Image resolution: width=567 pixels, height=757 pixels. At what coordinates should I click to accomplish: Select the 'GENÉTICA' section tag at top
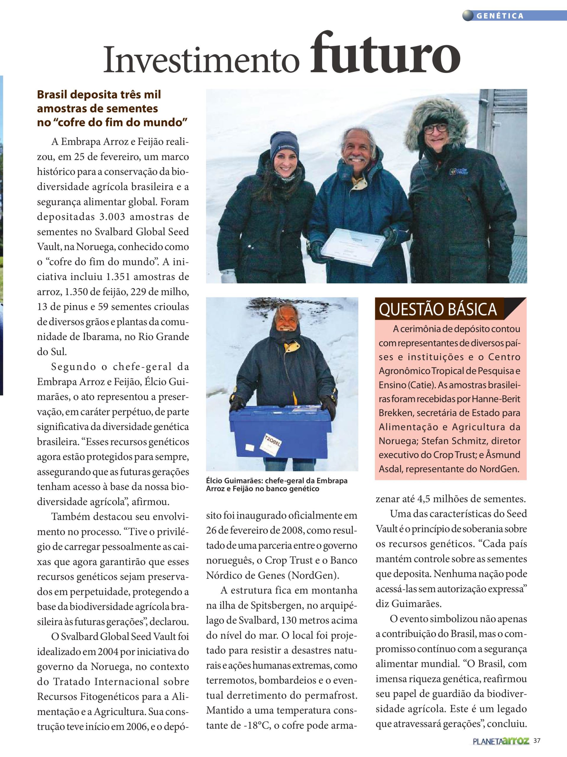point(500,16)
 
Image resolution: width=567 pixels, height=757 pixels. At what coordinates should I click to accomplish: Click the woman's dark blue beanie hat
point(285,145)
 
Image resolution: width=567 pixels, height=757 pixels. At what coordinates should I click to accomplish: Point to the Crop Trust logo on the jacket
point(459,171)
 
